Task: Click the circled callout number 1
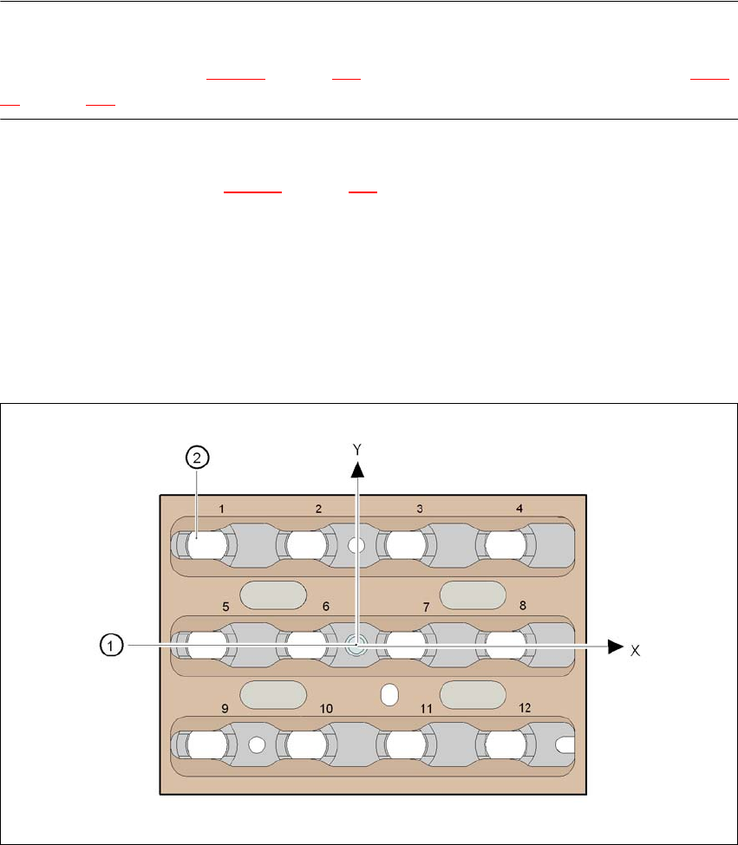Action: click(x=110, y=645)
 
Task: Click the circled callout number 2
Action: click(x=197, y=458)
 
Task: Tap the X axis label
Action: click(x=635, y=650)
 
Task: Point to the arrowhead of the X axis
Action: click(x=615, y=646)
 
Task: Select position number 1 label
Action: click(x=221, y=509)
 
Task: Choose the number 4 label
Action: click(x=519, y=509)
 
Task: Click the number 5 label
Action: click(x=225, y=607)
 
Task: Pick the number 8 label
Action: click(x=523, y=607)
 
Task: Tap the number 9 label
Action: click(x=225, y=708)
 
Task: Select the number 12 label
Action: click(x=524, y=708)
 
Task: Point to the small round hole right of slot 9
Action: click(x=256, y=744)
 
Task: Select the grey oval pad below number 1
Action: click(x=273, y=595)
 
